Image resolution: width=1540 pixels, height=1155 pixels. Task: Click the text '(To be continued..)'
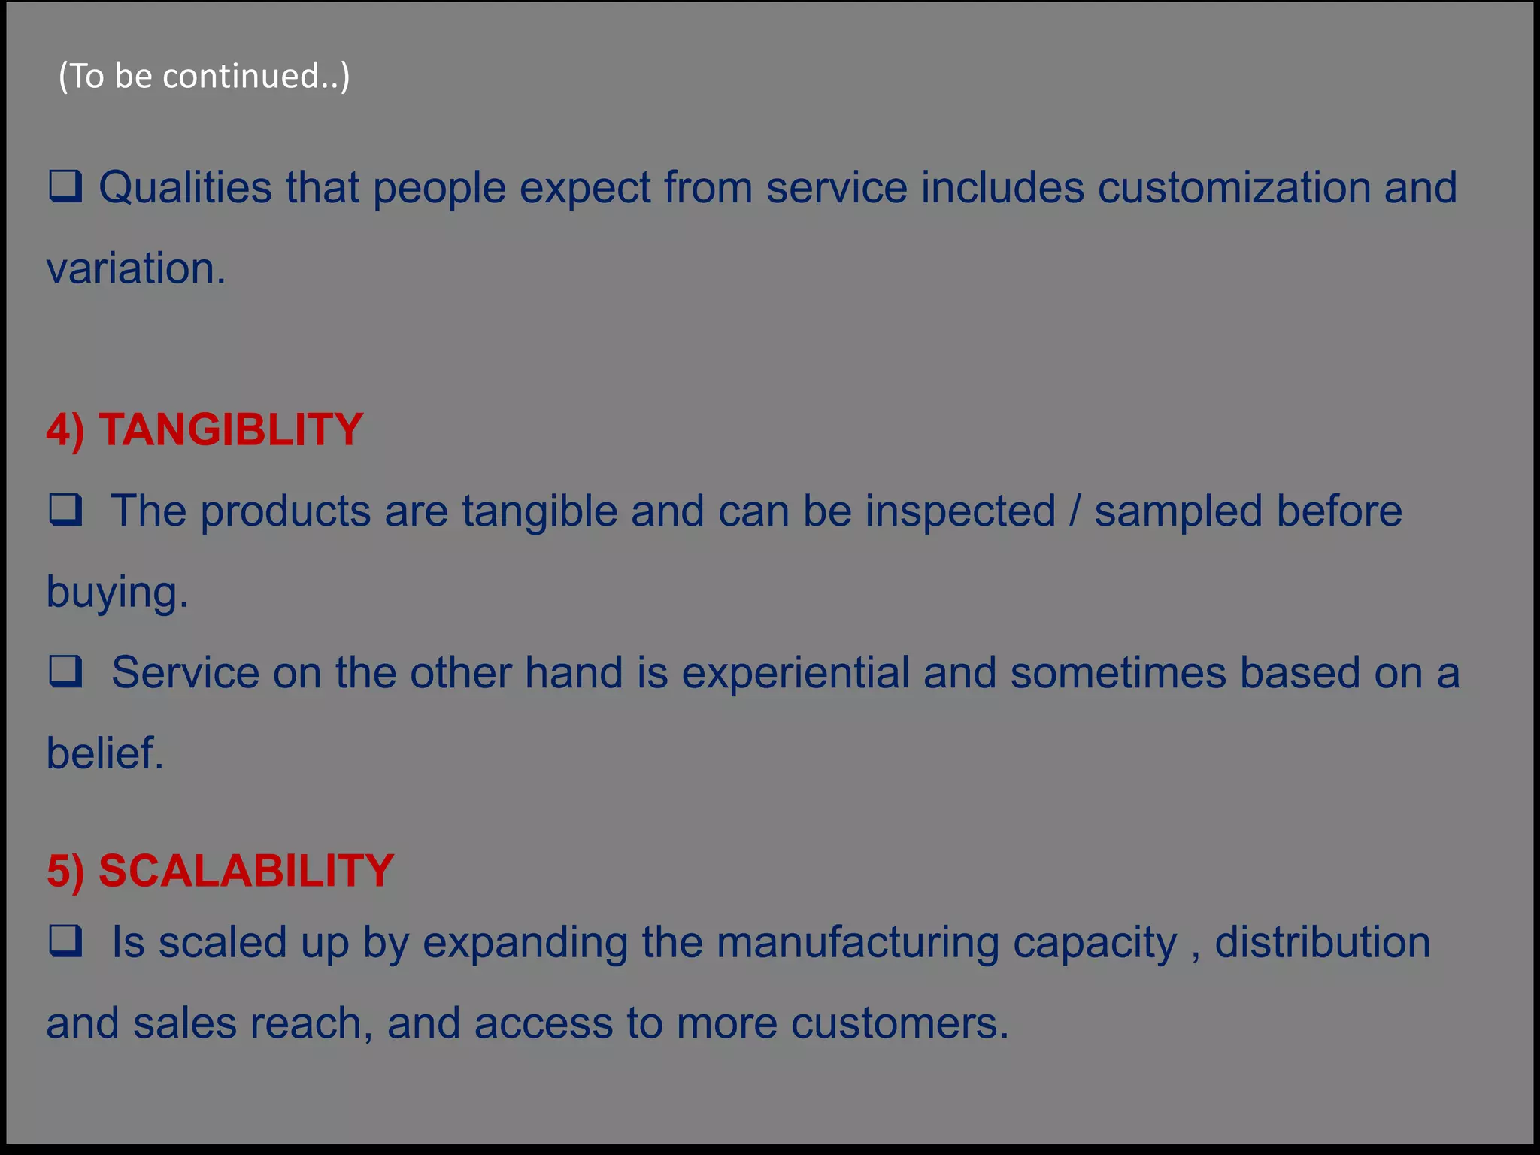coord(204,76)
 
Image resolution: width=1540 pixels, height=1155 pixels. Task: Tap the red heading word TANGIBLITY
coord(231,429)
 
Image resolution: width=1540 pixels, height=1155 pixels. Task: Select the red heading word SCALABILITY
coord(246,870)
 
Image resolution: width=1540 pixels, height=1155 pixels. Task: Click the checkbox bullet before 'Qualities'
coord(65,186)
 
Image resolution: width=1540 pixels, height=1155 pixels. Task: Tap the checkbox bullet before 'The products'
coord(65,510)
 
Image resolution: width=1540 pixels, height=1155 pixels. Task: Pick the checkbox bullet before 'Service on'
coord(65,671)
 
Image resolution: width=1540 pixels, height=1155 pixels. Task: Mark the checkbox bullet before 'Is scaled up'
coord(65,941)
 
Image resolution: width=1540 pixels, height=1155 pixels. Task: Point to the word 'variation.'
coord(136,268)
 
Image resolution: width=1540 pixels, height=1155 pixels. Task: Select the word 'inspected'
coord(960,511)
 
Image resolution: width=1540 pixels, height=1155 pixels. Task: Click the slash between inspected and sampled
coord(1075,511)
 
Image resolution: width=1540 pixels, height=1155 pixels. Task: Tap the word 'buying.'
coord(117,593)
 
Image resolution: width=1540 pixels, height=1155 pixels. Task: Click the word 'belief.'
coord(105,753)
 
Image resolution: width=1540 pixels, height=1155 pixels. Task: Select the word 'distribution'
coord(1322,942)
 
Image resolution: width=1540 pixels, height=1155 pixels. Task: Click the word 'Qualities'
coord(185,187)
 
